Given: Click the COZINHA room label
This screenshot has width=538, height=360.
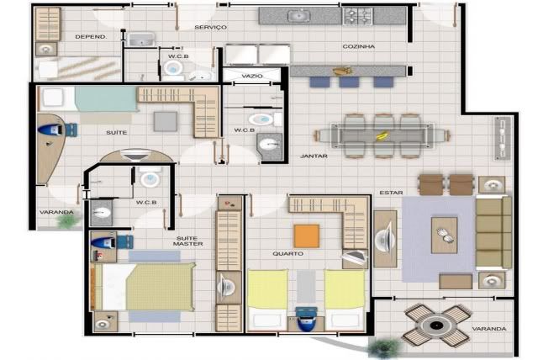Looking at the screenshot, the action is point(359,46).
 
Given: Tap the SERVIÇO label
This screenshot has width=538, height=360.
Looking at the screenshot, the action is point(211,27).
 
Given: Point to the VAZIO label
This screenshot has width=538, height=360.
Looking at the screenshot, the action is point(252,76).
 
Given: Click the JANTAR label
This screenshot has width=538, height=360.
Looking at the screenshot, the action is point(314,156).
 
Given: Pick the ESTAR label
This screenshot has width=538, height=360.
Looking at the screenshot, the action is point(391,193).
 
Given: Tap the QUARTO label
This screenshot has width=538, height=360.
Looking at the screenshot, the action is point(287,254).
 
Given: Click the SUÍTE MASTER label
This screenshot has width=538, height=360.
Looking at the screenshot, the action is point(188,241).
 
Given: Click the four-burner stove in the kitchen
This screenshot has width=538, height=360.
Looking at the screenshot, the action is point(358,16).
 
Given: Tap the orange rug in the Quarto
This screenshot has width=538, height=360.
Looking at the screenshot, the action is point(307,236).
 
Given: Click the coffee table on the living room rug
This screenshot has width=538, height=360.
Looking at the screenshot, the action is point(445,235).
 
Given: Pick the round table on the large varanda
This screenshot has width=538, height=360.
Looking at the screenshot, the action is point(436,325).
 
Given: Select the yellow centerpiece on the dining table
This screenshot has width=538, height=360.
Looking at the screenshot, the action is point(381,136).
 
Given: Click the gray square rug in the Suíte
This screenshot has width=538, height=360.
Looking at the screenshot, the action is point(166,121).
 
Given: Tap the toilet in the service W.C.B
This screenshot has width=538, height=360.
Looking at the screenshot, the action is point(172,68).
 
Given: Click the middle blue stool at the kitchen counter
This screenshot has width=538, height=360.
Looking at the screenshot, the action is point(350,82).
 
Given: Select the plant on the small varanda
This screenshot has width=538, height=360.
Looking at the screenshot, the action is point(66,220).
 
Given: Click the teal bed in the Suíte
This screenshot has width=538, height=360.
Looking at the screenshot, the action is point(89,98).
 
